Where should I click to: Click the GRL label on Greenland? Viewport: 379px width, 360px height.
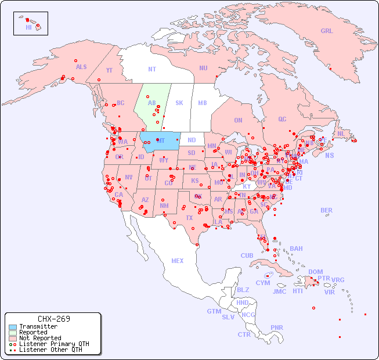pos(327,31)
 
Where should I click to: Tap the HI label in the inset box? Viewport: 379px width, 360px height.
pos(28,27)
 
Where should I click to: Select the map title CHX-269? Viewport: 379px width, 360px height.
pos(53,319)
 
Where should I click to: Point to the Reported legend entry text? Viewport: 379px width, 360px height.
pos(33,333)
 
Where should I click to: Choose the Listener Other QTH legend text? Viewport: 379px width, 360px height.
pos(50,350)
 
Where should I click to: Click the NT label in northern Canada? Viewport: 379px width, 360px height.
pos(152,69)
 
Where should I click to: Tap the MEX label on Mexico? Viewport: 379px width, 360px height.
pos(178,261)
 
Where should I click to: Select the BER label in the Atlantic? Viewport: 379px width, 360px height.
pos(327,211)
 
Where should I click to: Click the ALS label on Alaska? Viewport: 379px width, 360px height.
pos(81,67)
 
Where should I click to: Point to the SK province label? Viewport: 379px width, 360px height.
pos(179,103)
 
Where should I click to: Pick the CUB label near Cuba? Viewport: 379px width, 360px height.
pos(247,256)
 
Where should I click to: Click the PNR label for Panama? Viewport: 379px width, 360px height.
pos(277,328)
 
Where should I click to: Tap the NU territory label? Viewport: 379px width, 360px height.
pos(203,68)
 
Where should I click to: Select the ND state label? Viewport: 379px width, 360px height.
pos(192,141)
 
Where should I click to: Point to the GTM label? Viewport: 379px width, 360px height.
pos(214,312)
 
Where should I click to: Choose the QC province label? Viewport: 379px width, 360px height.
pos(282,120)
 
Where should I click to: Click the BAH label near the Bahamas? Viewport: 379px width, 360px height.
pos(296,249)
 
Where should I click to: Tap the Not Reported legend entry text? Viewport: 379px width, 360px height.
pos(40,338)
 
